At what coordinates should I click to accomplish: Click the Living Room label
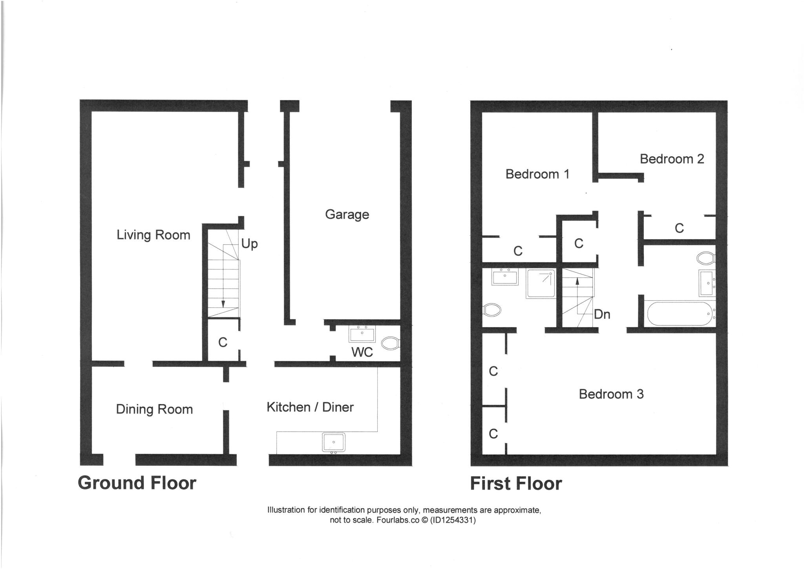click(x=153, y=235)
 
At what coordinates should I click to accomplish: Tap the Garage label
click(x=347, y=214)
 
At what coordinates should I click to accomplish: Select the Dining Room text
click(x=154, y=409)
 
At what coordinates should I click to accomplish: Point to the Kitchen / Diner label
click(x=310, y=407)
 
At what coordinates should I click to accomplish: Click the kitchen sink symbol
click(x=334, y=442)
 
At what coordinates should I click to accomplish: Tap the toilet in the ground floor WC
click(x=390, y=343)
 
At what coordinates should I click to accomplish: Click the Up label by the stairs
click(x=249, y=244)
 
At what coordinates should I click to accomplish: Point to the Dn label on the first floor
click(x=602, y=314)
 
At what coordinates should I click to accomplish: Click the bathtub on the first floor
click(x=679, y=313)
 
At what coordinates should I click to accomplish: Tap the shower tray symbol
click(x=541, y=283)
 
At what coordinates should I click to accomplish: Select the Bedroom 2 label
click(x=672, y=159)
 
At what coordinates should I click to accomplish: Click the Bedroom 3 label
click(x=611, y=394)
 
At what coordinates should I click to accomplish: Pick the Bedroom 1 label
click(x=537, y=174)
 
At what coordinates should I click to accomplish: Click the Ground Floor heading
click(x=137, y=483)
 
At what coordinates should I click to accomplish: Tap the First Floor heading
click(x=516, y=483)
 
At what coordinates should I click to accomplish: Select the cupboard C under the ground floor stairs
click(x=223, y=342)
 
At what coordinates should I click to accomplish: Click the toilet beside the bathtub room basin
click(x=706, y=258)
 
